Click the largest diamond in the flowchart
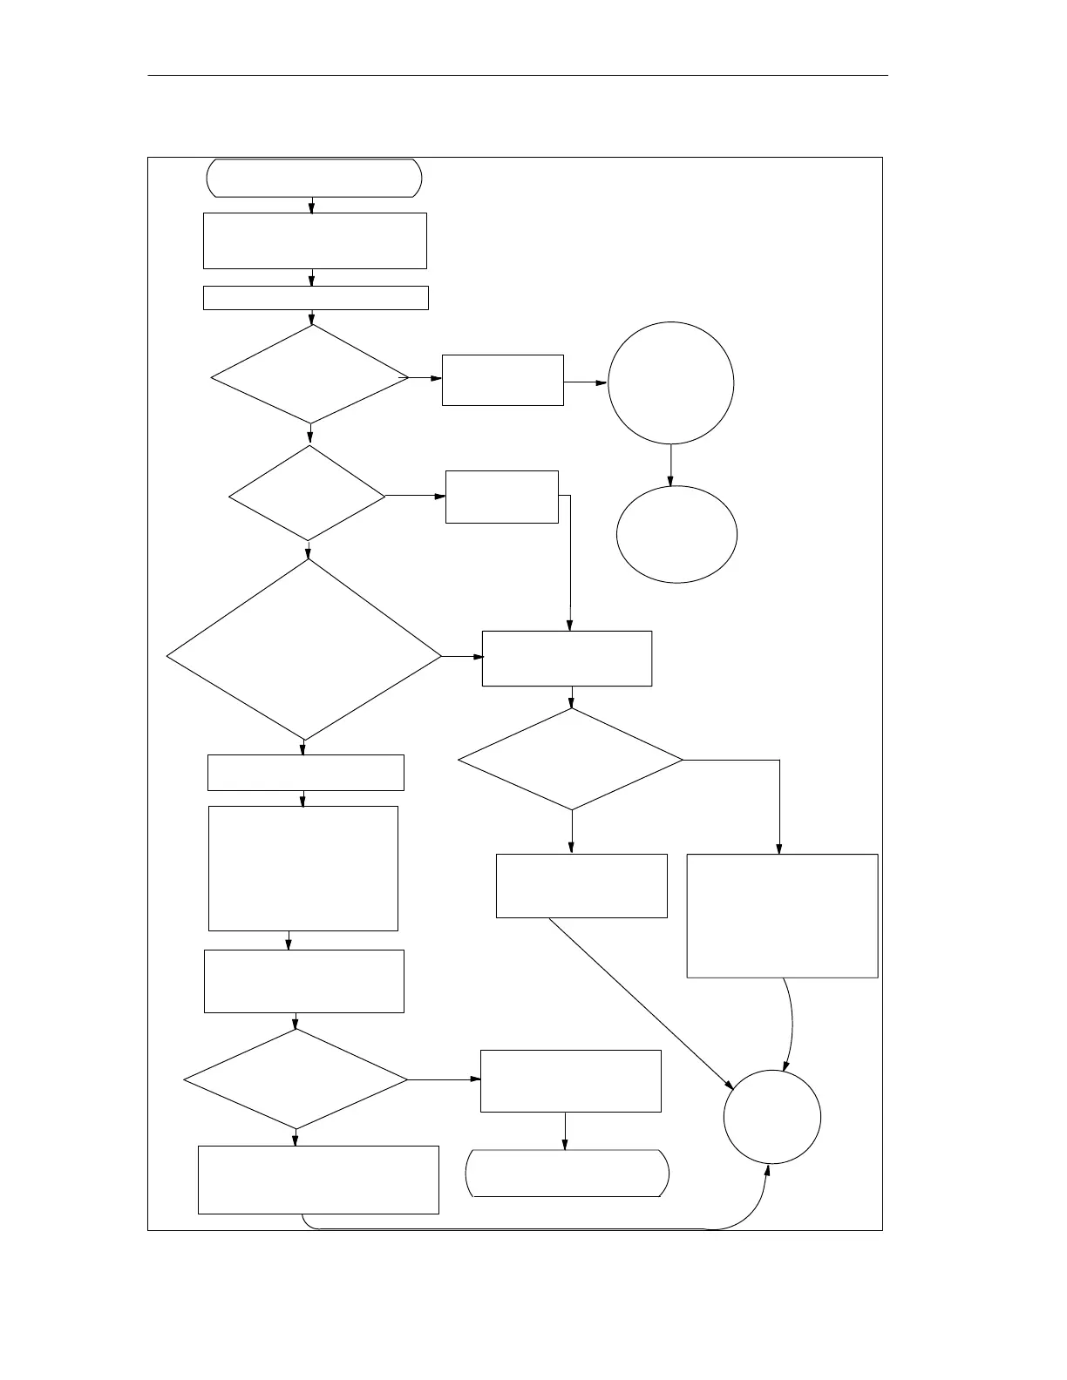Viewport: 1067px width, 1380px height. click(x=304, y=650)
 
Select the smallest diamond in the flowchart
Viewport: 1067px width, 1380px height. click(x=307, y=494)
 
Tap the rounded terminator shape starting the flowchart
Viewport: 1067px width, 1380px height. click(x=314, y=178)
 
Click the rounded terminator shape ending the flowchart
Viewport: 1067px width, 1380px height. click(x=568, y=1174)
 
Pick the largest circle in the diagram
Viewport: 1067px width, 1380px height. click(x=670, y=383)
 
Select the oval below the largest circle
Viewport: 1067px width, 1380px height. click(x=676, y=533)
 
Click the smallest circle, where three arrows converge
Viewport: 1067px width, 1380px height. click(x=772, y=1116)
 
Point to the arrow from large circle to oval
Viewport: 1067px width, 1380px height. click(x=670, y=465)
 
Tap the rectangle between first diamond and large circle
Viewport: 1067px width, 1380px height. click(x=502, y=380)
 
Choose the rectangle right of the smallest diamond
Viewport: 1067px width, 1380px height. click(x=501, y=497)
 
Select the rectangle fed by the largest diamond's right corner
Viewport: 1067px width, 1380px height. click(x=567, y=659)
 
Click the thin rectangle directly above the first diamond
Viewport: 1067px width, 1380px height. click(x=316, y=298)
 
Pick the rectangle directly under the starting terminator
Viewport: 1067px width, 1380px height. click(x=315, y=240)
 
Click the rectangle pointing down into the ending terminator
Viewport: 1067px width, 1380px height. click(x=570, y=1080)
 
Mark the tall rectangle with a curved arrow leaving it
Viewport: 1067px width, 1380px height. click(x=782, y=916)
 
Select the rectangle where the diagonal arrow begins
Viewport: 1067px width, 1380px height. click(x=581, y=885)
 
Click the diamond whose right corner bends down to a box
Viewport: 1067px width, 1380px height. click(x=570, y=760)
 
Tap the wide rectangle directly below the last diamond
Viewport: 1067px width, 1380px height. click(x=318, y=1180)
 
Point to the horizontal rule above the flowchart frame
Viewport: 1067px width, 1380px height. click(x=518, y=76)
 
